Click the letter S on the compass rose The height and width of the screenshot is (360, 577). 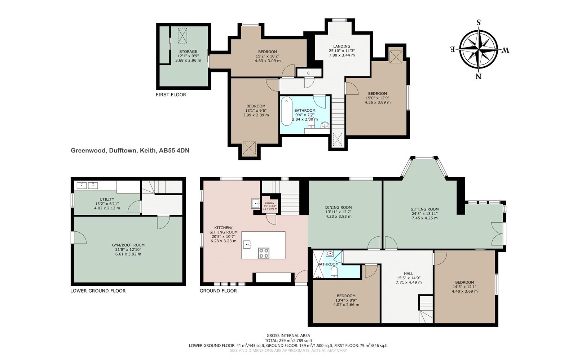pos(479,22)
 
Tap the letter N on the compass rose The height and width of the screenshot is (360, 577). pos(478,76)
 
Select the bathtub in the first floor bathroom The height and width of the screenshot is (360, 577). pos(286,111)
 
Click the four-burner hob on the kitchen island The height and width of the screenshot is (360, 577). pos(264,253)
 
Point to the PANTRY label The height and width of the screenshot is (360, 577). pos(270,203)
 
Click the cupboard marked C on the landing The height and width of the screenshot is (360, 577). pos(309,73)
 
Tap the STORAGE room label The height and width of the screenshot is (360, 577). pos(188,52)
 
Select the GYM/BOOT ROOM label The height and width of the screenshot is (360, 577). pos(128,245)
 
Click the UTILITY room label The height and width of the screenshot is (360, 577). pos(107,199)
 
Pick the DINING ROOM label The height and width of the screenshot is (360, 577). pos(339,208)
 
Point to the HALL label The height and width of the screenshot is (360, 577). pos(409,274)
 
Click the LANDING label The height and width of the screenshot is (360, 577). pos(342,46)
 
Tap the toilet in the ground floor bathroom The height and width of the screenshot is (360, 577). pos(334,272)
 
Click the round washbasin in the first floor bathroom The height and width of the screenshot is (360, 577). pos(325,125)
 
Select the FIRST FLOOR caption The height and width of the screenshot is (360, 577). pos(171,95)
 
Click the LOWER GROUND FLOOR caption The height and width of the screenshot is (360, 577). pos(98,291)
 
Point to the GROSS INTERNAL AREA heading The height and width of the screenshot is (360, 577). pos(288,335)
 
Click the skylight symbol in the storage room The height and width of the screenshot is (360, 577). pos(182,36)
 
